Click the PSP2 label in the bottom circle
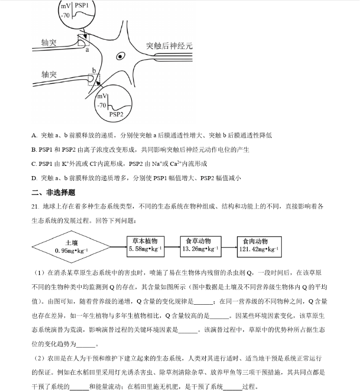[116, 114]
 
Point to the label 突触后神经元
[169, 46]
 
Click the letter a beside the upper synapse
[87, 50]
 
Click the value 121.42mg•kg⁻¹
[258, 249]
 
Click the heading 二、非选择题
[53, 192]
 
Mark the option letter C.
[34, 164]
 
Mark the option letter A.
[34, 135]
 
